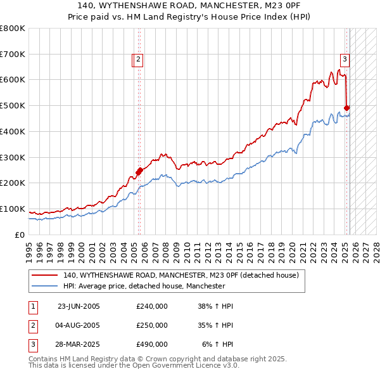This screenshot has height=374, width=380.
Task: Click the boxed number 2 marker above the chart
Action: (x=138, y=60)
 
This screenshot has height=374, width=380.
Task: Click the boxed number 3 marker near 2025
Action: (x=345, y=60)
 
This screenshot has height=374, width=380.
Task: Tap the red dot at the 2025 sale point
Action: (x=346, y=108)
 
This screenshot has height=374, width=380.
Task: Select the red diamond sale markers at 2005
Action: (x=139, y=171)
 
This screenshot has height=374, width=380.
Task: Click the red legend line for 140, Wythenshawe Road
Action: (x=45, y=276)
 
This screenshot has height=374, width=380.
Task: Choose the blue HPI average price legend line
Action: (x=45, y=287)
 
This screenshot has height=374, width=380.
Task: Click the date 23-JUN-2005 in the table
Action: (x=79, y=306)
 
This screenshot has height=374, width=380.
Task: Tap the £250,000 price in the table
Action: (x=152, y=325)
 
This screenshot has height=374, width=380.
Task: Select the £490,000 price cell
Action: (x=152, y=344)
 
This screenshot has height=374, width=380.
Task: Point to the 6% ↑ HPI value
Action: (x=218, y=344)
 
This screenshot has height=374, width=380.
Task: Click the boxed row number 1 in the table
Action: (x=32, y=306)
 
